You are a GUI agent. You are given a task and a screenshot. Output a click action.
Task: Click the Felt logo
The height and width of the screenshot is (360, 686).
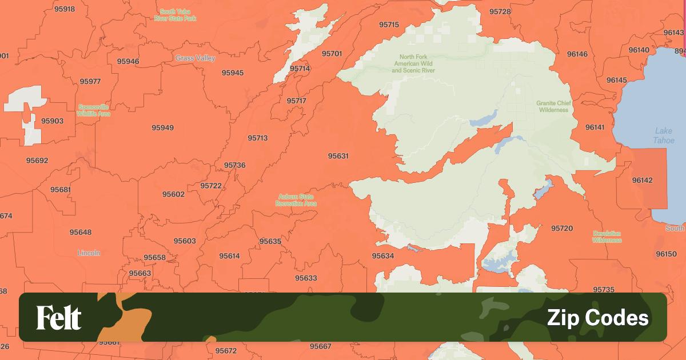pyautogui.click(x=59, y=318)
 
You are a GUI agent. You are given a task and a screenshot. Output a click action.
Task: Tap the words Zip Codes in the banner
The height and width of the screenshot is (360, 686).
pyautogui.click(x=597, y=318)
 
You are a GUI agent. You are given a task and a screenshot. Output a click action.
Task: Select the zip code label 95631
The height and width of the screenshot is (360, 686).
pyautogui.click(x=338, y=156)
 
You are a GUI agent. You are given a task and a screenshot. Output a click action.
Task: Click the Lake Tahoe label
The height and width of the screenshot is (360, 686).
pyautogui.click(x=664, y=136)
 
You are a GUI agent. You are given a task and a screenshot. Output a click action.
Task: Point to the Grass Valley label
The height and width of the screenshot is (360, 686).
pyautogui.click(x=196, y=58)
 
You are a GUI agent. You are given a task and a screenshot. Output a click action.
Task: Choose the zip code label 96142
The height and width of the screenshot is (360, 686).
pyautogui.click(x=642, y=180)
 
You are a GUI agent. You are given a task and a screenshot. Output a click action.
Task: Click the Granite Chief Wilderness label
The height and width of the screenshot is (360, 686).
pyautogui.click(x=553, y=106)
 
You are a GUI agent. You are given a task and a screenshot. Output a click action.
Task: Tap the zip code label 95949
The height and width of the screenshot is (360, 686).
pyautogui.click(x=162, y=127)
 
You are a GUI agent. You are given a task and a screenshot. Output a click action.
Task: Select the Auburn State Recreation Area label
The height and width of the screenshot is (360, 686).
pyautogui.click(x=296, y=200)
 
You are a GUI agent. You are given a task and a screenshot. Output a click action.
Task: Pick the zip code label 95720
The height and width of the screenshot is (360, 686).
pyautogui.click(x=561, y=228)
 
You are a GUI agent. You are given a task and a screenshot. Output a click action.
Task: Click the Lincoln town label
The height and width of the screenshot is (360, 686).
pyautogui.click(x=89, y=253)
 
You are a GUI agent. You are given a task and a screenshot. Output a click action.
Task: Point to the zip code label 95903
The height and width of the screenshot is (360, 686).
pyautogui.click(x=52, y=121)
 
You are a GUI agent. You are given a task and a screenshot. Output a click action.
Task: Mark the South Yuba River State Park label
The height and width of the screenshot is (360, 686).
pyautogui.click(x=175, y=15)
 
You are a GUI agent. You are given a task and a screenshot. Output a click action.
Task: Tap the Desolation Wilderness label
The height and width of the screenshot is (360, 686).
pyautogui.click(x=607, y=237)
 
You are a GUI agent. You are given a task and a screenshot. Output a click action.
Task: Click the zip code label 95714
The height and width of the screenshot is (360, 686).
pyautogui.click(x=300, y=69)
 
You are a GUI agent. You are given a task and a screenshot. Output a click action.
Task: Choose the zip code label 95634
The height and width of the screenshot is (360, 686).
pyautogui.click(x=382, y=256)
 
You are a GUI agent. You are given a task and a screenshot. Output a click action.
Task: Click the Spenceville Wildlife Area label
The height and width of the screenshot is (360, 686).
pyautogui.click(x=94, y=110)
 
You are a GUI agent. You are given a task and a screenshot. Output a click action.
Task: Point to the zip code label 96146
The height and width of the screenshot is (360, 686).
pyautogui.click(x=577, y=54)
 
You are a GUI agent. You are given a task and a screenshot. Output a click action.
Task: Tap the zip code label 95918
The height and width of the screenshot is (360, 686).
pyautogui.click(x=64, y=9)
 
